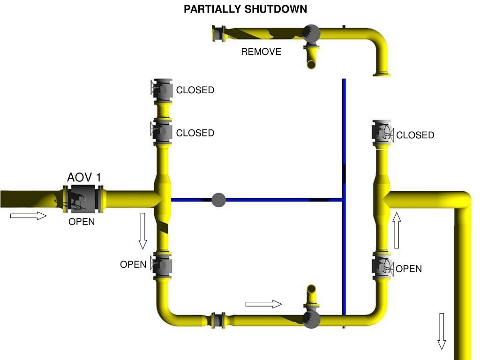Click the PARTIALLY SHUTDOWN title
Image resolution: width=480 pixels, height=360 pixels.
(x=245, y=9)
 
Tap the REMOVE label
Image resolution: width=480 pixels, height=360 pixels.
(x=261, y=52)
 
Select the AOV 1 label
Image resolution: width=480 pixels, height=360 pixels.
(x=84, y=177)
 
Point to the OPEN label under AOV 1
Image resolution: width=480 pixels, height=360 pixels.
(x=82, y=222)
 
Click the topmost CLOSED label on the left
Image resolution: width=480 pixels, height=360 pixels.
(x=195, y=90)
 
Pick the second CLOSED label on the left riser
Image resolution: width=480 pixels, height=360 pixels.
(x=195, y=133)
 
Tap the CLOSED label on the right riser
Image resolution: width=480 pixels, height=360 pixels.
(x=415, y=135)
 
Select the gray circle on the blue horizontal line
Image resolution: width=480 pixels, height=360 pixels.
(x=218, y=200)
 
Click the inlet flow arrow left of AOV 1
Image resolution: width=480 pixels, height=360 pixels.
(x=28, y=216)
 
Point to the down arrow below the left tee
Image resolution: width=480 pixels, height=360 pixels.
(x=142, y=231)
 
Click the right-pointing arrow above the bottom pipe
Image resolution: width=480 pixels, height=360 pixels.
(x=263, y=304)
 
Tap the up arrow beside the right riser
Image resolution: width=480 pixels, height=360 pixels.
(x=397, y=230)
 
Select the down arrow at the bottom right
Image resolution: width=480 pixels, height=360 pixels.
(x=442, y=331)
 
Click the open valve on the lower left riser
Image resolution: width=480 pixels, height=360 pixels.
(x=162, y=266)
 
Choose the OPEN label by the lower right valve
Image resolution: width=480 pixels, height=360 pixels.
(x=408, y=269)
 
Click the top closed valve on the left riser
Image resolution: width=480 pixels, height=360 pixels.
(x=162, y=89)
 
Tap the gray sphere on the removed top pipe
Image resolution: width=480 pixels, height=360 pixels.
(x=311, y=33)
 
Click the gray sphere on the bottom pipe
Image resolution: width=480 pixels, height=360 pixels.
(x=311, y=319)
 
